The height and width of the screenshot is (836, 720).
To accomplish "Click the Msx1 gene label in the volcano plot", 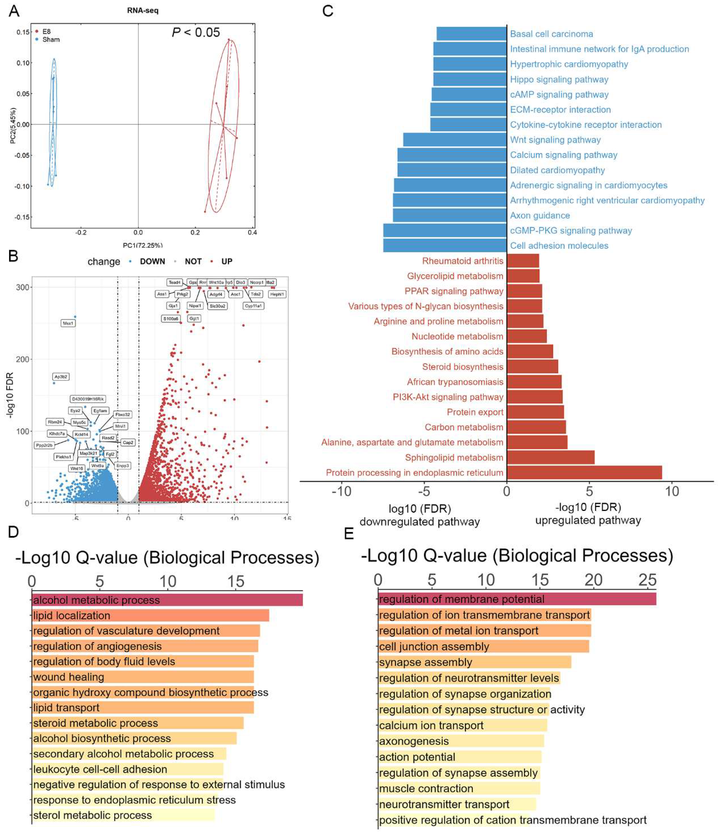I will [x=68, y=323].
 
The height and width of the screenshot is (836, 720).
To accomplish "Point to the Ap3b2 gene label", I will [x=61, y=376].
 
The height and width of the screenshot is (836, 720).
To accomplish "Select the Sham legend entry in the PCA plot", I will [x=50, y=39].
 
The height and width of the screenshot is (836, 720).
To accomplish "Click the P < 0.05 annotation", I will [x=196, y=32].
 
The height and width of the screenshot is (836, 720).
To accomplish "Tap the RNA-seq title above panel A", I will [x=143, y=10].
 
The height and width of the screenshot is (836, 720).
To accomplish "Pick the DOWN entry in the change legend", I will [x=152, y=261].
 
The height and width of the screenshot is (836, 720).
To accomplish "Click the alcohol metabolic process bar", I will [x=167, y=600].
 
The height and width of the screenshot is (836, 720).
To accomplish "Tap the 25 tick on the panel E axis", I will [x=647, y=580].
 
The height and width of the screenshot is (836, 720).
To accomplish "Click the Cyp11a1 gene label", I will [x=253, y=306].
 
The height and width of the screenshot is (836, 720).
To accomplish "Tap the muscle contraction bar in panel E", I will [x=459, y=788].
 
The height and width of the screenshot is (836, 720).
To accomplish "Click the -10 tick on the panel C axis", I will [x=341, y=491].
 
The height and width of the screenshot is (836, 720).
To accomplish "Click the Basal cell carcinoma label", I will [x=551, y=34].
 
